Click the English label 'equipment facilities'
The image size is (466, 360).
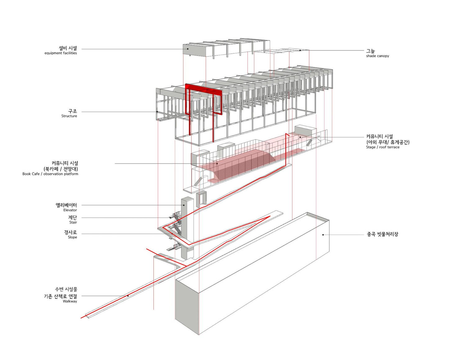click(x=61, y=53)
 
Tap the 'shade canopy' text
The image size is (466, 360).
click(x=377, y=56)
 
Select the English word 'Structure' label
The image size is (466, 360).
click(x=69, y=116)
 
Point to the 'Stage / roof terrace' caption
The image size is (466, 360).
click(x=383, y=147)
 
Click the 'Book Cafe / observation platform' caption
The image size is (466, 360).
click(x=50, y=174)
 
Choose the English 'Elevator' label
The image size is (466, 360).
click(x=70, y=210)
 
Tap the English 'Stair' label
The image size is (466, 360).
click(x=73, y=222)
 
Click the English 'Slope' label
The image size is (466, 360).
click(x=72, y=237)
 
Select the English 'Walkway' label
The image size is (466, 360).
click(x=70, y=301)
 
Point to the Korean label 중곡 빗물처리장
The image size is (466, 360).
click(x=382, y=234)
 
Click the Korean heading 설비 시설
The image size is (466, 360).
click(x=68, y=48)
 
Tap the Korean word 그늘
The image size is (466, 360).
click(x=371, y=51)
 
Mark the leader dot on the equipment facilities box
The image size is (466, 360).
click(x=188, y=49)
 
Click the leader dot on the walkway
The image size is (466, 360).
click(x=128, y=296)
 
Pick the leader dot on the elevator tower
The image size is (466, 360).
click(x=184, y=205)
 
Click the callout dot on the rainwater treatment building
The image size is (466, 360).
click(x=323, y=235)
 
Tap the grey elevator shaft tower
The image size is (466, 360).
click(x=187, y=227)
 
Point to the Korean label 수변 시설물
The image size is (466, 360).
click(x=66, y=289)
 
